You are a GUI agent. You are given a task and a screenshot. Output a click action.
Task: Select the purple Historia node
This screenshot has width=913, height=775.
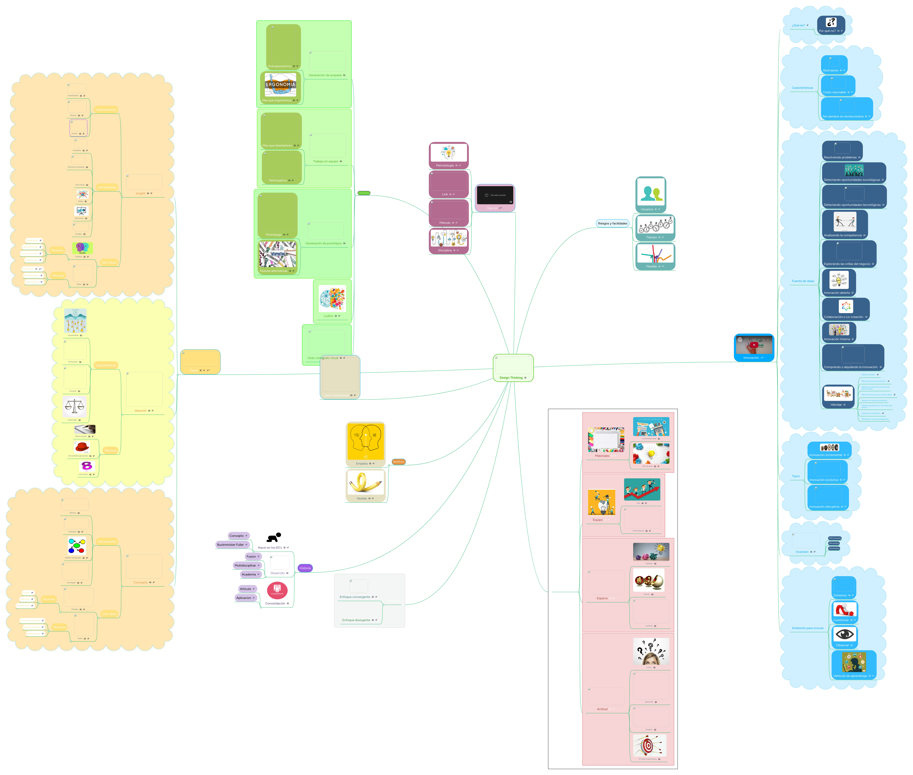coord(305,568)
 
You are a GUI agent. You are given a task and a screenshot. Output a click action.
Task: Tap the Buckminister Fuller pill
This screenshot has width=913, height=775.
coord(232,545)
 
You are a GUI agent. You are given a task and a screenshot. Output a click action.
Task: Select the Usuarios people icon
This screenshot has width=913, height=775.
coord(651,193)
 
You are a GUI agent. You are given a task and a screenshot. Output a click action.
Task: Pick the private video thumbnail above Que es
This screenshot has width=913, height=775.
coord(495,195)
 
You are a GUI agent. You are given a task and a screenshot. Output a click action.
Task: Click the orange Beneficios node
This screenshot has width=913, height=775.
coord(398,462)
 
